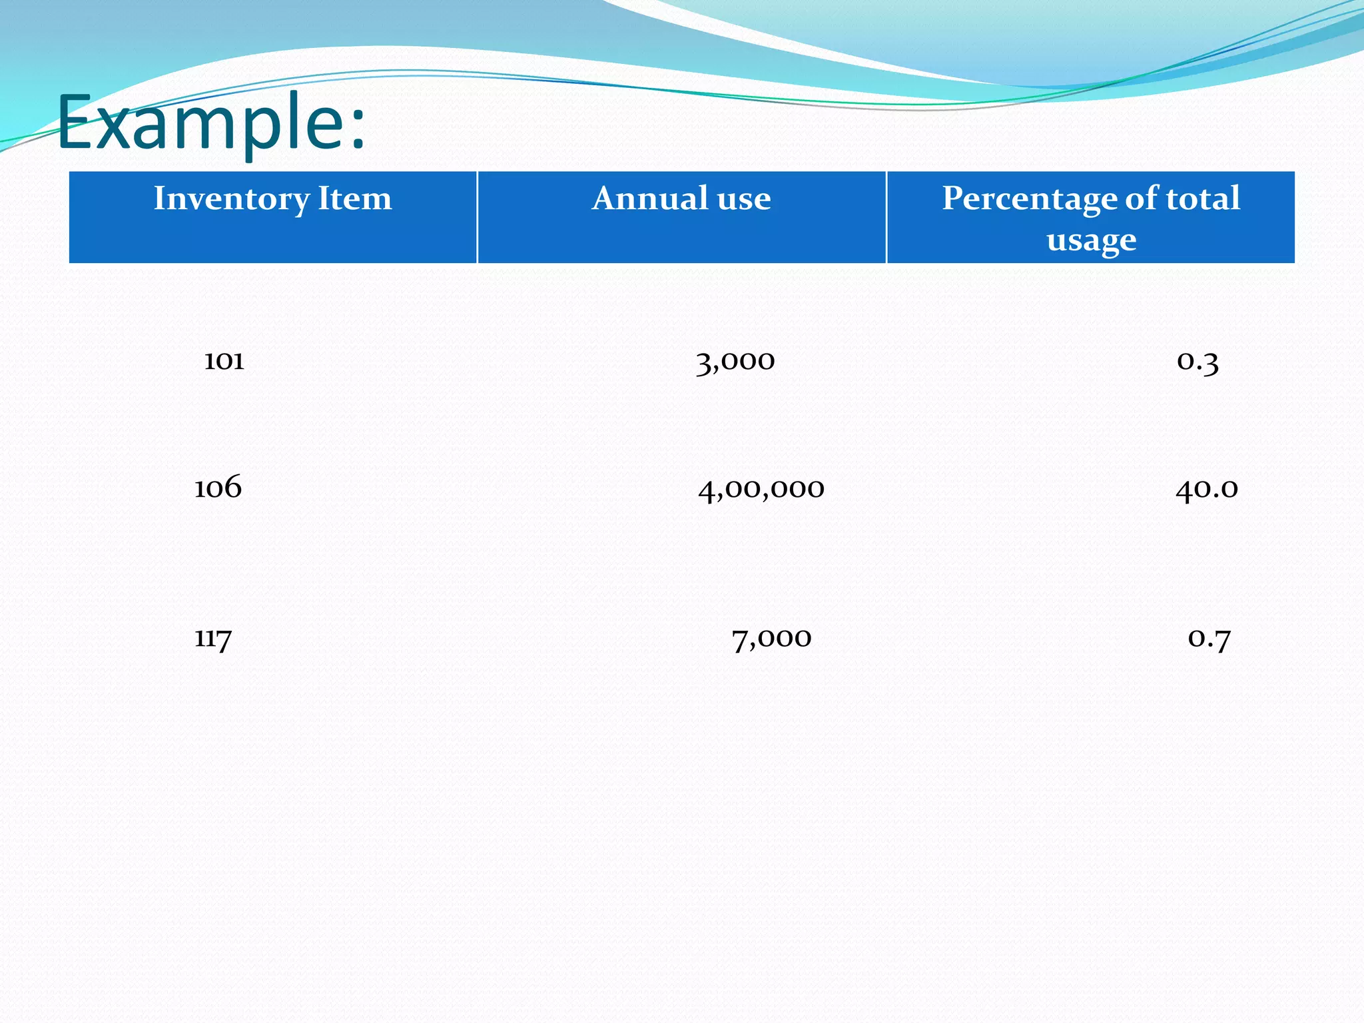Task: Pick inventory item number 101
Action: (224, 361)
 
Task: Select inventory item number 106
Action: (218, 488)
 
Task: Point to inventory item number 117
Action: (213, 638)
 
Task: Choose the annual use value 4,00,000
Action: (761, 489)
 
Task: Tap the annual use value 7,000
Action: (771, 639)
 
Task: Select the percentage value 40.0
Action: (1206, 489)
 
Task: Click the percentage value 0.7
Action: (1209, 639)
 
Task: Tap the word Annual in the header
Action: (650, 198)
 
